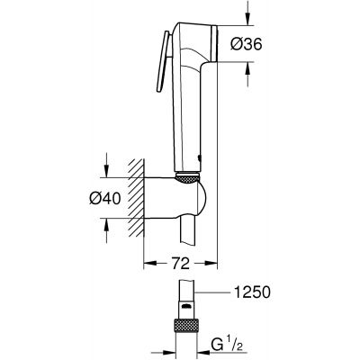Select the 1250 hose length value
[x=251, y=293]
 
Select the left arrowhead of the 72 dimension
[x=149, y=264]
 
